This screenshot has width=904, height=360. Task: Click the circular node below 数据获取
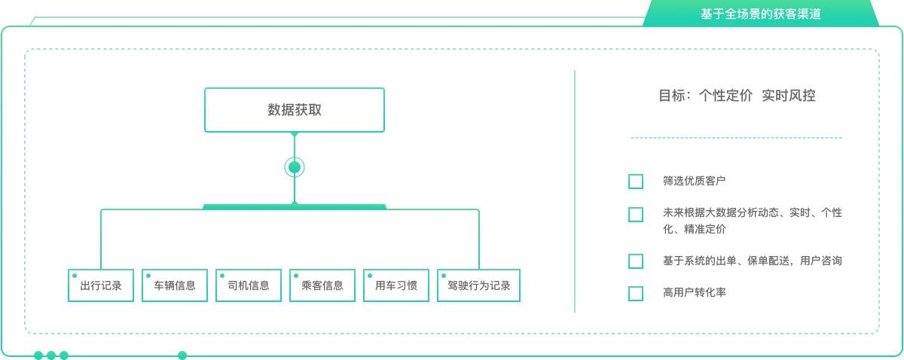pyautogui.click(x=295, y=167)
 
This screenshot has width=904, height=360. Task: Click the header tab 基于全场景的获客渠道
pyautogui.click(x=761, y=14)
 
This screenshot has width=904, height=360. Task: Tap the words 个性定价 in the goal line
pyautogui.click(x=725, y=96)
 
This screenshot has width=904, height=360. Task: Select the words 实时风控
pyautogui.click(x=789, y=96)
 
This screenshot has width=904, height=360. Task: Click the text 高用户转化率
pyautogui.click(x=694, y=292)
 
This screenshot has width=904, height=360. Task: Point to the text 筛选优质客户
pyautogui.click(x=694, y=181)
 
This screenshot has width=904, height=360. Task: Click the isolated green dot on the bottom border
pyautogui.click(x=182, y=355)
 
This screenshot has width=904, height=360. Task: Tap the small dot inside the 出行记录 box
pyautogui.click(x=75, y=276)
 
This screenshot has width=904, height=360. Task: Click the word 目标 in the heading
pyautogui.click(x=672, y=96)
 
